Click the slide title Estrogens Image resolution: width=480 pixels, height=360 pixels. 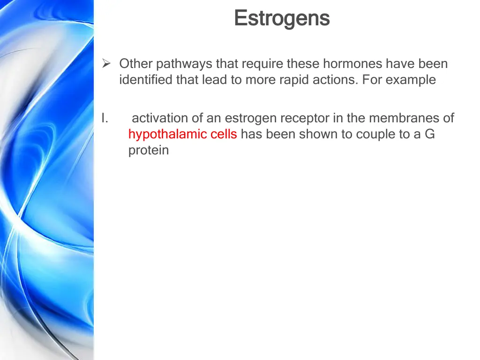coord(282,19)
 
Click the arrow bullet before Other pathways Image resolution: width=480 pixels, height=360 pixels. coord(106,64)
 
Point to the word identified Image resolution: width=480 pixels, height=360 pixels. coord(146,80)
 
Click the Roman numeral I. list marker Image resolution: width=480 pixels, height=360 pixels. coord(105,118)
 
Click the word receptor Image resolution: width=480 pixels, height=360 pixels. coord(305,118)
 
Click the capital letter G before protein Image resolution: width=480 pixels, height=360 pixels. coord(429,135)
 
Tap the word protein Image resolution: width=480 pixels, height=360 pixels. coord(148,150)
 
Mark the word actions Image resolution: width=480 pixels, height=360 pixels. coord(336,80)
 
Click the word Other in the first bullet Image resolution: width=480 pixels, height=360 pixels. coord(136,64)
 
